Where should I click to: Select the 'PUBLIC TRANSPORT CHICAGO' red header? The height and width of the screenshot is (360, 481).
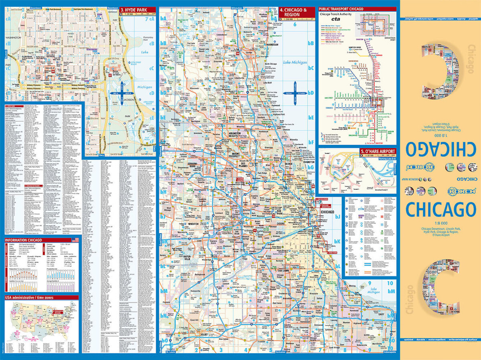[x=342, y=8]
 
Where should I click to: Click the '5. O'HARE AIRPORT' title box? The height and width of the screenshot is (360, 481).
[x=378, y=151]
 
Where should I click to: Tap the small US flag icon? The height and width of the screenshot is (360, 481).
[x=75, y=240]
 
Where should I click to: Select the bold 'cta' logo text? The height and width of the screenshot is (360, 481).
[x=335, y=18]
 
